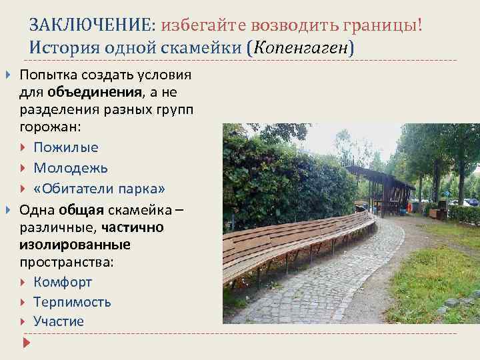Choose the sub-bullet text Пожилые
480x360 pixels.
coord(66,147)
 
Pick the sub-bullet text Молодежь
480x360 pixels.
coord(71,167)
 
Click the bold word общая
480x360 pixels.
coord(81,211)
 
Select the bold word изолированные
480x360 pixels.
coord(75,245)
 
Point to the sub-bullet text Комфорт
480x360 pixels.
coord(63,282)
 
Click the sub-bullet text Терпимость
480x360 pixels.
coord(72,301)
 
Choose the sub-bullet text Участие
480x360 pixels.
coord(59,321)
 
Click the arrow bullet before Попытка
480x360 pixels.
coord(8,73)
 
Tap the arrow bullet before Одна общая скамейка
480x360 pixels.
coord(8,211)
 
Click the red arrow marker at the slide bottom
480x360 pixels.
coord(27,343)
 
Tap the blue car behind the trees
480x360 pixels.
coord(471,202)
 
